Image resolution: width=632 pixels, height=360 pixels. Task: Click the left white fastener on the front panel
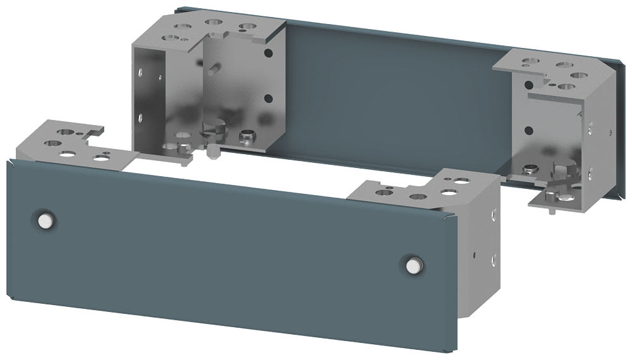pos(44,220)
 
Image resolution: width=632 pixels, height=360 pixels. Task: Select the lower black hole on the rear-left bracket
pos(268,99)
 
